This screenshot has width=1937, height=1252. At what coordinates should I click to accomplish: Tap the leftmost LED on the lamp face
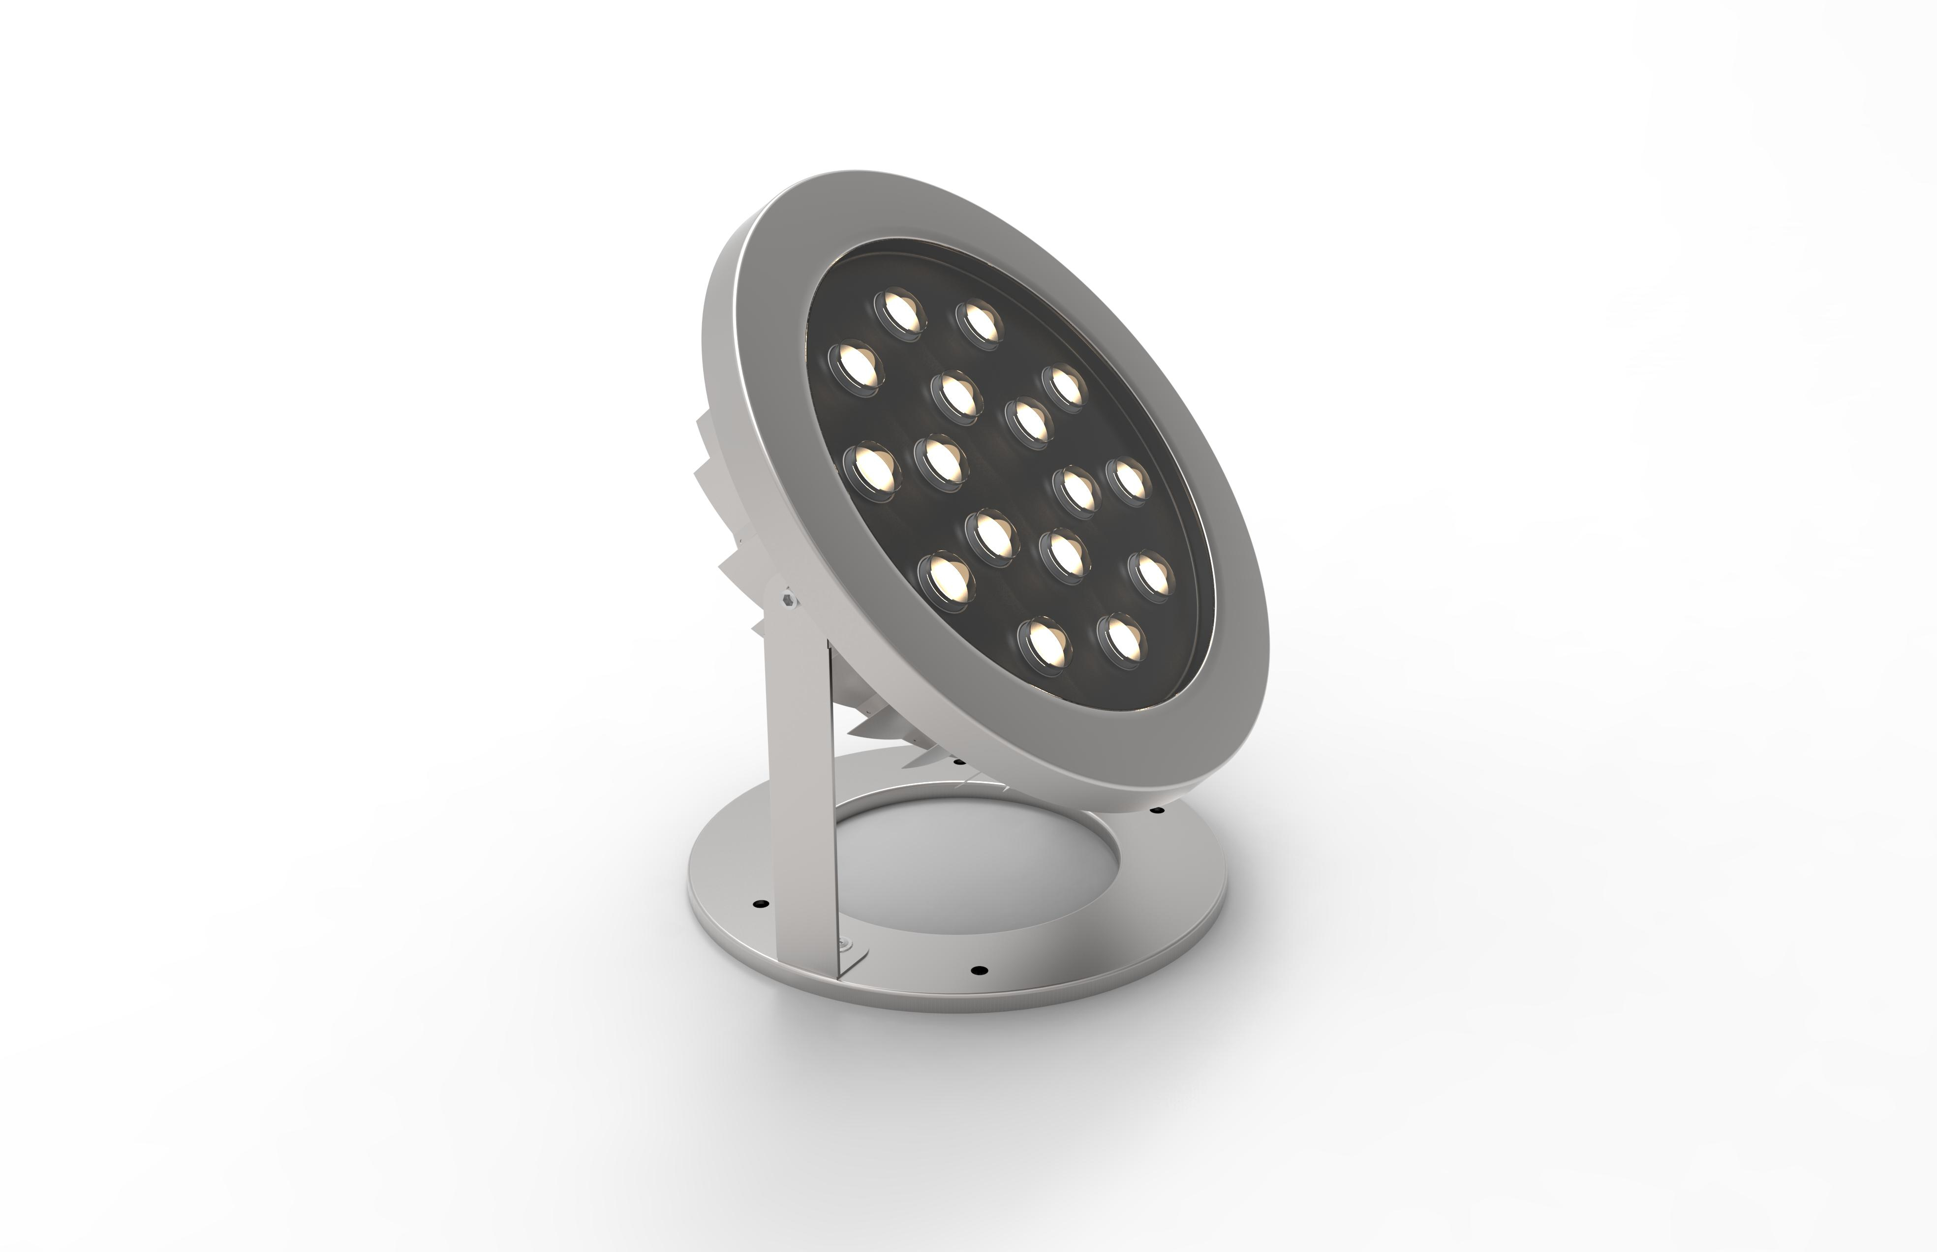click(854, 366)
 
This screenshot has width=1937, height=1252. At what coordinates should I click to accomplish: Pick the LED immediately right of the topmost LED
click(980, 322)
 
